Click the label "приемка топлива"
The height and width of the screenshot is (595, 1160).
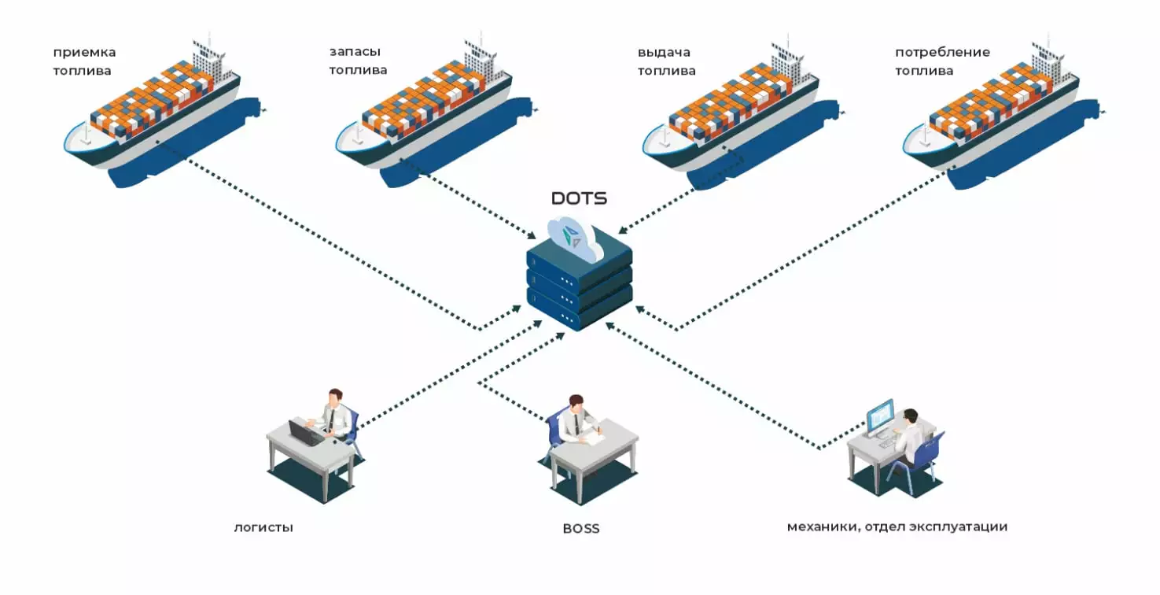(84, 61)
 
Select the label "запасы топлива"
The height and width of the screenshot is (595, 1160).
(358, 61)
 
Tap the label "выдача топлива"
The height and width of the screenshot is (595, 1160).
(666, 61)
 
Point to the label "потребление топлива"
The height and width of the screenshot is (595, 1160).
(942, 61)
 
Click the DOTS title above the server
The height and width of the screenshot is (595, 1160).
(579, 198)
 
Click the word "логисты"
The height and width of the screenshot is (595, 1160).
(263, 527)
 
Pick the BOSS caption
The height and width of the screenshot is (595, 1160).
(581, 528)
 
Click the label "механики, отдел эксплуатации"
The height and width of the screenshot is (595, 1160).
(897, 527)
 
